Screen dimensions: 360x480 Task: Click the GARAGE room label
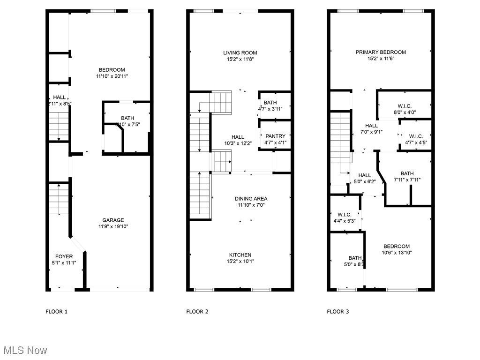pos(113,220)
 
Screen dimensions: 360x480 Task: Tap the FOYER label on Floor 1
pos(64,256)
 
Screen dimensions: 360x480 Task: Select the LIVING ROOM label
pos(240,53)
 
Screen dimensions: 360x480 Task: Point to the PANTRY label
pos(275,136)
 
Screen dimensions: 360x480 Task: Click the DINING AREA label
pos(251,199)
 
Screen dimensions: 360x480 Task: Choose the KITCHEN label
pos(240,255)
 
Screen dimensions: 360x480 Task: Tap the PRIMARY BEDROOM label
pos(381,52)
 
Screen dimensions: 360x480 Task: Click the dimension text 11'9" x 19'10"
pos(113,227)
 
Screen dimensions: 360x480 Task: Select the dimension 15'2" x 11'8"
pos(240,60)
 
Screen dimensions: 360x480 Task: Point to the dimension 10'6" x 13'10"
pos(397,253)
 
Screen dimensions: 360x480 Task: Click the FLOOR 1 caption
pos(57,312)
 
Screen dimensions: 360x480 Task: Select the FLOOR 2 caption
pos(197,312)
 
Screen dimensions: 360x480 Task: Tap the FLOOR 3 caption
pos(338,312)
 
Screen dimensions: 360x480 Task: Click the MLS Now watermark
pos(25,350)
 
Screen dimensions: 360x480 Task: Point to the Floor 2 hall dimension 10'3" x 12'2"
pos(238,143)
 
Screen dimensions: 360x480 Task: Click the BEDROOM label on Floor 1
pos(112,70)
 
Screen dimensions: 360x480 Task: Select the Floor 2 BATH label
pos(270,103)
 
